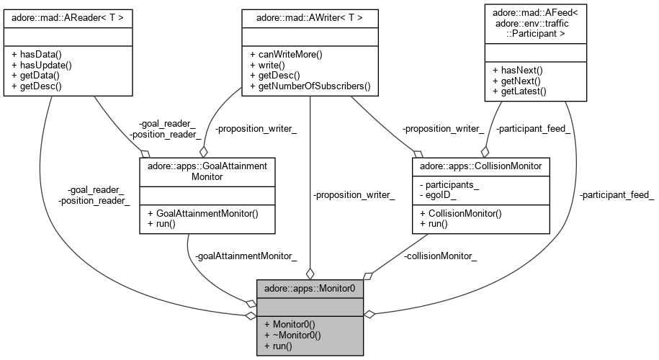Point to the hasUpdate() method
40,65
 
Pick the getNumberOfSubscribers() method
309,86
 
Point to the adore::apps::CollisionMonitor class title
480,166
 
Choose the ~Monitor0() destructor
291,335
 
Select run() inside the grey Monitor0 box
278,346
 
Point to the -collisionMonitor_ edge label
440,256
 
